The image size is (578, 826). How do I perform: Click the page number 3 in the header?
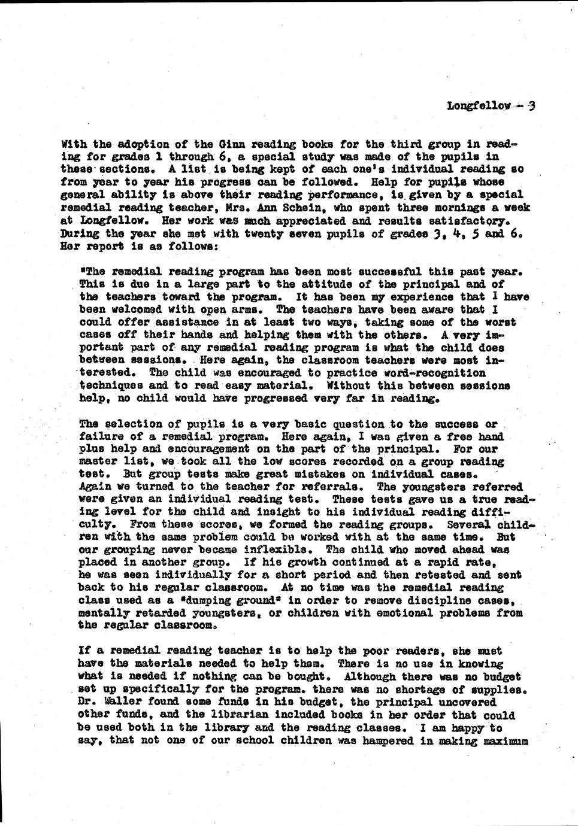click(x=531, y=106)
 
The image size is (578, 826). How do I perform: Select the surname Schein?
click(x=290, y=208)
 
